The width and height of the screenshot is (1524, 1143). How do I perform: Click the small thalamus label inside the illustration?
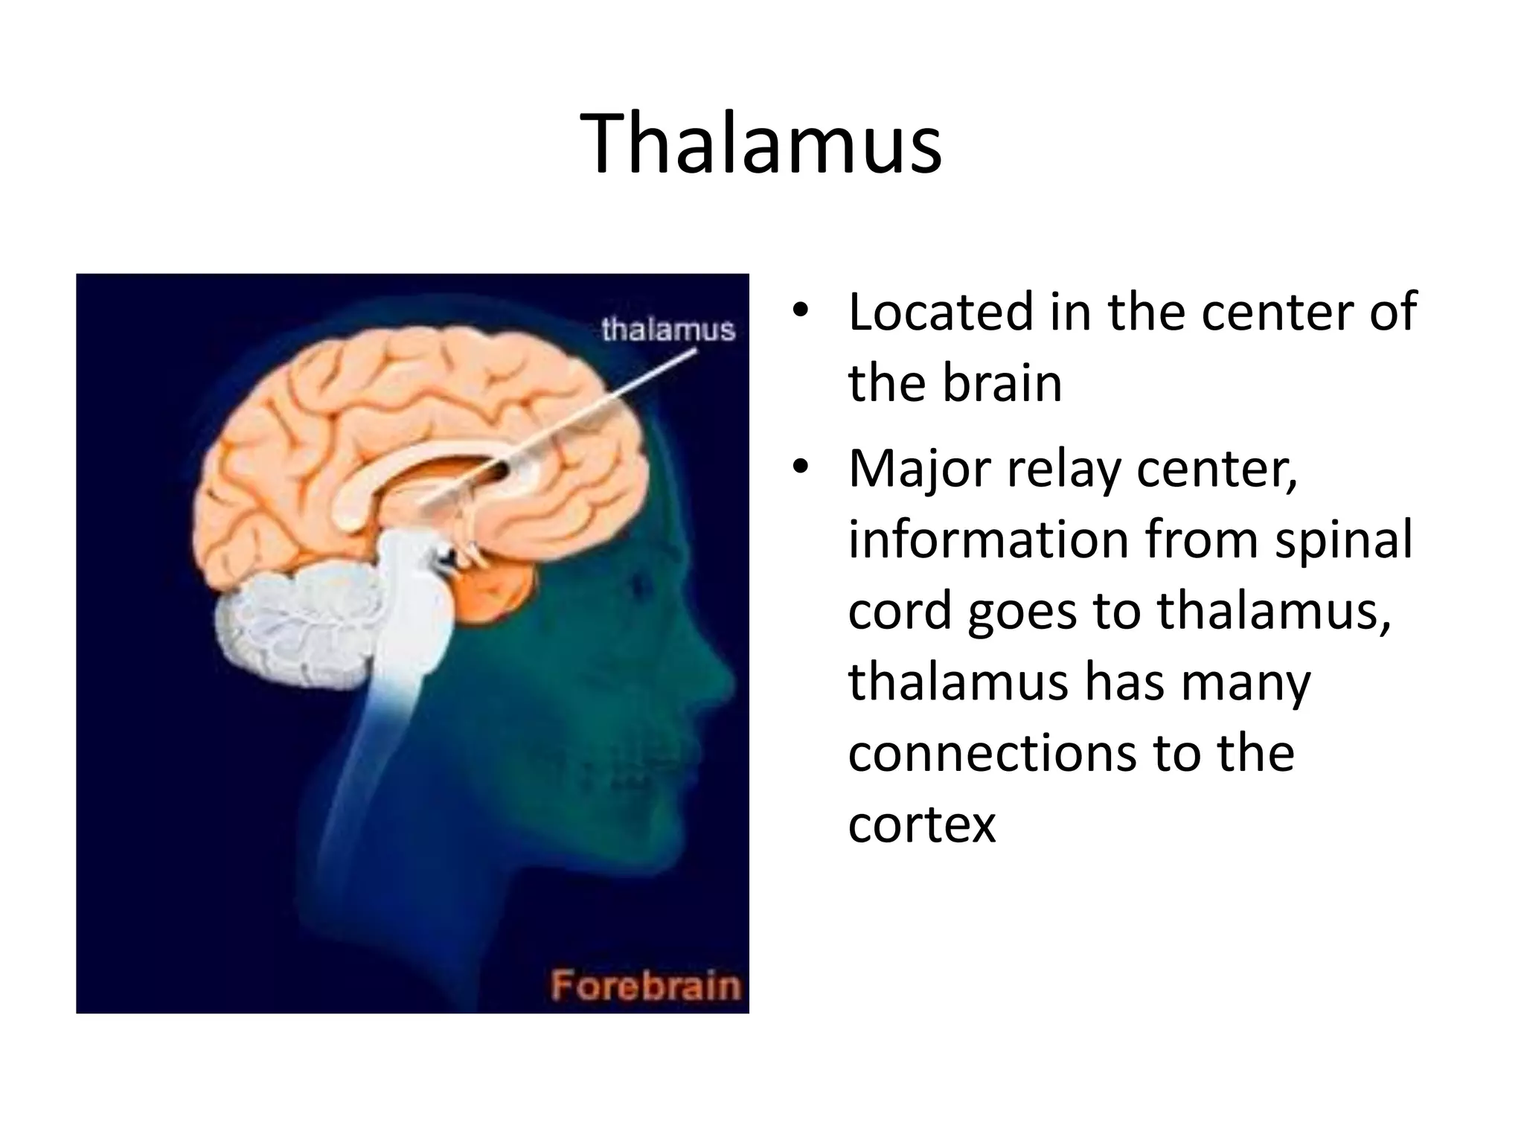[x=667, y=329]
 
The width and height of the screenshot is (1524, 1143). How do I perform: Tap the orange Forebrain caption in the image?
[x=645, y=987]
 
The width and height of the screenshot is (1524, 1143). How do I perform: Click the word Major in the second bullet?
[x=920, y=469]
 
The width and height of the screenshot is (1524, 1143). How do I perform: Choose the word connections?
[x=992, y=753]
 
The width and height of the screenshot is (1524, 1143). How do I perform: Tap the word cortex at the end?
[x=921, y=825]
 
